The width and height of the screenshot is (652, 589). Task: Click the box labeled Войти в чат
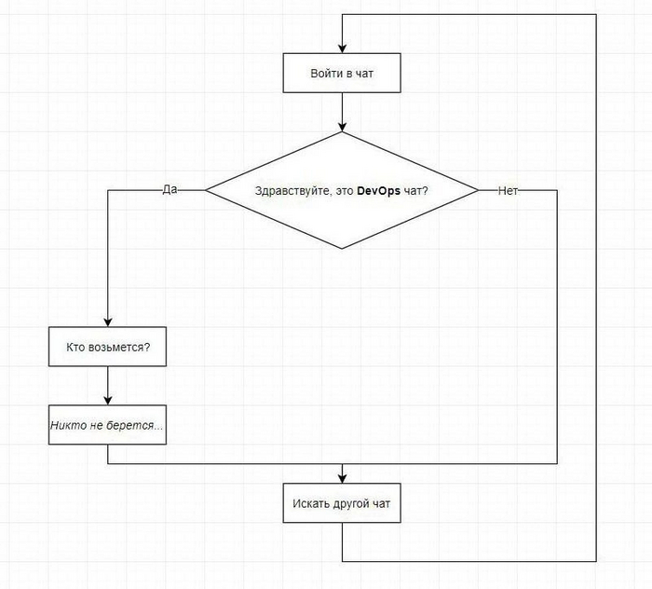(x=342, y=73)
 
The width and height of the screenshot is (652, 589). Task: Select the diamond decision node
(x=342, y=190)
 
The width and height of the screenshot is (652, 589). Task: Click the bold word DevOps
(x=381, y=191)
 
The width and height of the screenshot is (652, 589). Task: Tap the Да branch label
(x=170, y=189)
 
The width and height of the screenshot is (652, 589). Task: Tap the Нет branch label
(x=508, y=190)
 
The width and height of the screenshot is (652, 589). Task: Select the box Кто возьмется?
(x=109, y=348)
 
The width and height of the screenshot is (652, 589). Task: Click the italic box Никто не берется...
(x=109, y=425)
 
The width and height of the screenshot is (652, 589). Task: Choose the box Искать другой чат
(x=342, y=504)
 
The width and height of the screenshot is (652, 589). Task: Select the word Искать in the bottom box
(x=309, y=504)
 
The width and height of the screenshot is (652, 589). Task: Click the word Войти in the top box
(x=325, y=73)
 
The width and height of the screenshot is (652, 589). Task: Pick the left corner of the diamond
(x=207, y=190)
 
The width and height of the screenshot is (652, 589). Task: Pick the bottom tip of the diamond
(x=342, y=248)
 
